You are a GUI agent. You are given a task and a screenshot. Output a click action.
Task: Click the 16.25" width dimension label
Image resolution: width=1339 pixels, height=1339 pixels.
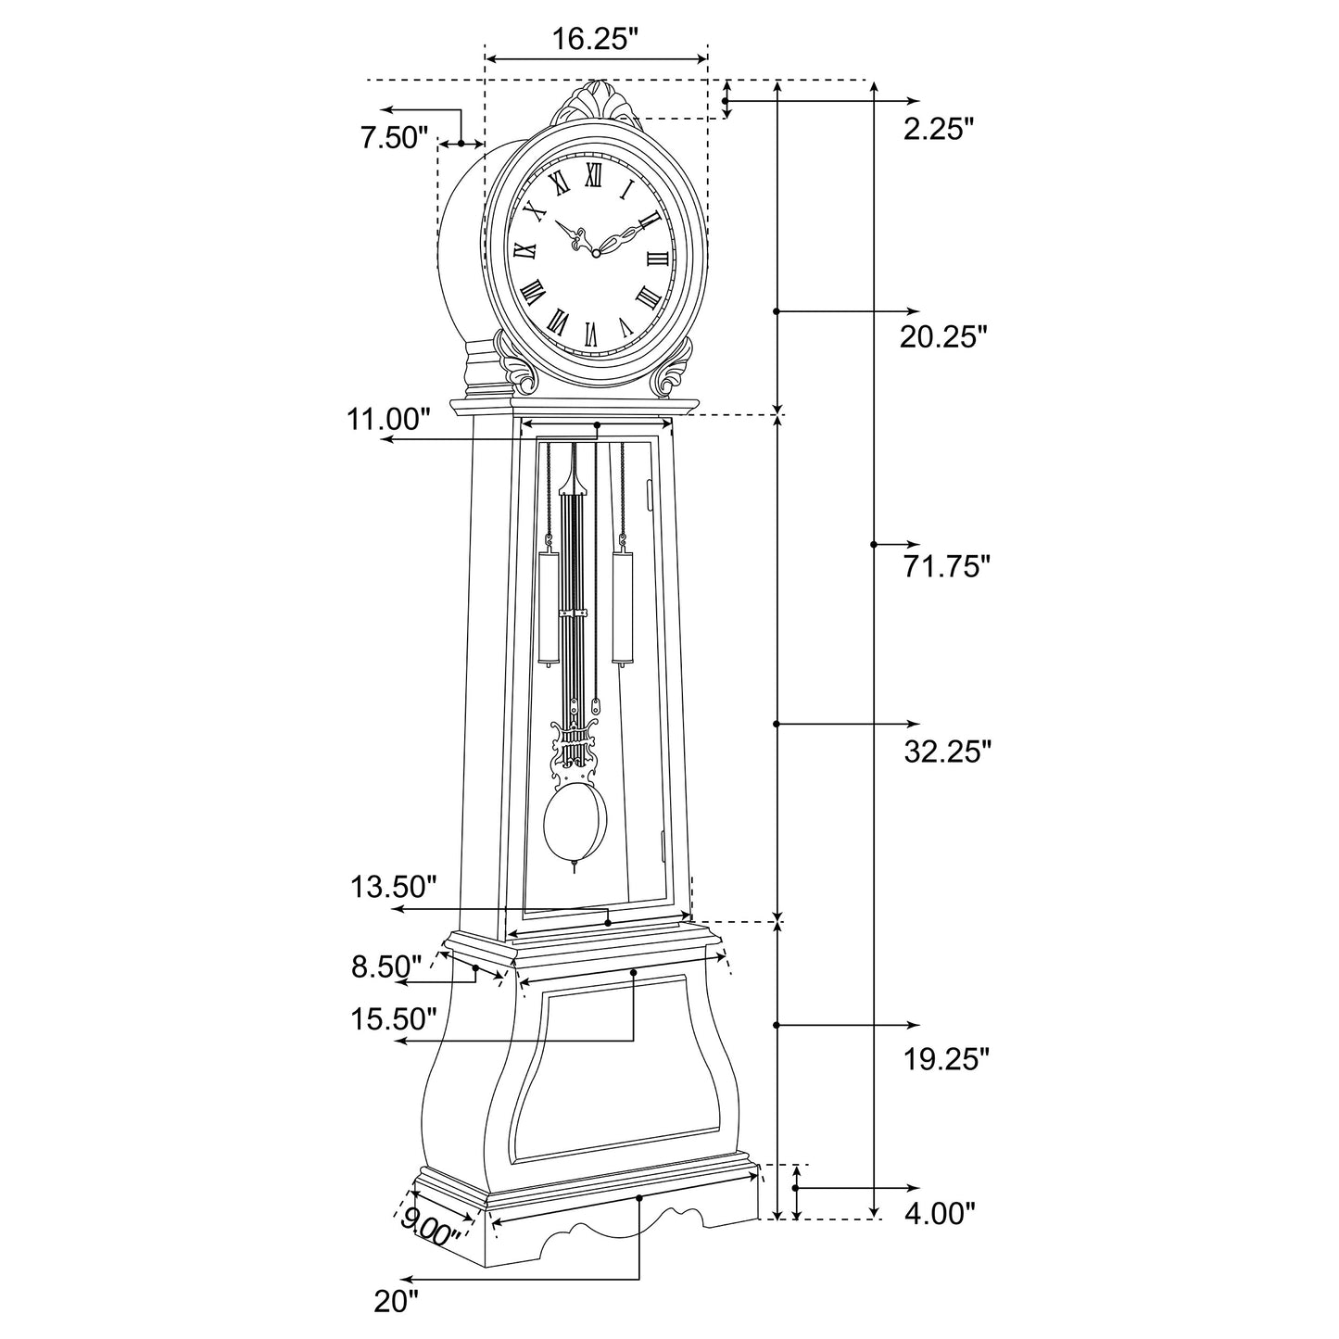pyautogui.click(x=596, y=39)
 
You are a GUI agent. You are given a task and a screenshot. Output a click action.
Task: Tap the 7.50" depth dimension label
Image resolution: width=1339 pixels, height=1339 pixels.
pyautogui.click(x=394, y=138)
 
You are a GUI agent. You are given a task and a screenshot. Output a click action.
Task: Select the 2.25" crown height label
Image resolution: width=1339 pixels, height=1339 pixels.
pyautogui.click(x=939, y=129)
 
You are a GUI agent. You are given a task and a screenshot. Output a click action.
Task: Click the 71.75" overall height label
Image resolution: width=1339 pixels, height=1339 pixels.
pyautogui.click(x=947, y=566)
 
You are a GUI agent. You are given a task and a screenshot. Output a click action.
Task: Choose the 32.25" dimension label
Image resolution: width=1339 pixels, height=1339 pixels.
pyautogui.click(x=947, y=751)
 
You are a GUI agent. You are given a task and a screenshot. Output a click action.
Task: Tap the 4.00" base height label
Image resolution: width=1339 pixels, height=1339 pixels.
pyautogui.click(x=940, y=1213)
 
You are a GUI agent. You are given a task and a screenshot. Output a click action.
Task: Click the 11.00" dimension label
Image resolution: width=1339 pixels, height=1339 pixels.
pyautogui.click(x=389, y=419)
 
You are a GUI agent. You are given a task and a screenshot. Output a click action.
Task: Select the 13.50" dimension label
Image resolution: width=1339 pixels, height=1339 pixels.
pyautogui.click(x=393, y=887)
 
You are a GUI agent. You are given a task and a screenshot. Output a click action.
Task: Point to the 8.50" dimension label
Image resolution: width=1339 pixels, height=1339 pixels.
pyautogui.click(x=386, y=966)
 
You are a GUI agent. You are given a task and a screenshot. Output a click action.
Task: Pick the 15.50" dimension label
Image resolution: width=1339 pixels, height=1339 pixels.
pyautogui.click(x=393, y=1019)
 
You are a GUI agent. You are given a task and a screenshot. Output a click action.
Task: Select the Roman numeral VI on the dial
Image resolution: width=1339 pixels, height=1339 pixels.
pyautogui.click(x=591, y=331)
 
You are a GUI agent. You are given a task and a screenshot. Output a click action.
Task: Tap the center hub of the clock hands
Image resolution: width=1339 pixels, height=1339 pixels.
pyautogui.click(x=595, y=251)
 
